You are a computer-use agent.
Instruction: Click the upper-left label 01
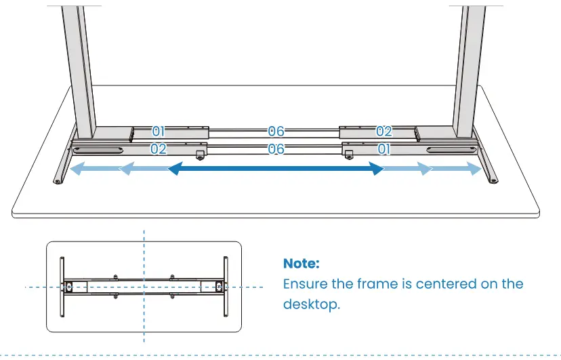(159, 131)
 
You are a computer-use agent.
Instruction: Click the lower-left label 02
(159, 149)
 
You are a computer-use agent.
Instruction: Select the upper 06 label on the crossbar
(276, 131)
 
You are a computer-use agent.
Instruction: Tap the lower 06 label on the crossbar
(276, 149)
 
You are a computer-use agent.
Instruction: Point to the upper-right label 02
(384, 131)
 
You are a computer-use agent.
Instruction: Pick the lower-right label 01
(384, 149)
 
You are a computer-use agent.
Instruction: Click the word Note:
(301, 263)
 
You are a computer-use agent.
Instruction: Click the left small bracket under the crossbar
(201, 155)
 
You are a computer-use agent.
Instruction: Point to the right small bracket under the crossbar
(348, 155)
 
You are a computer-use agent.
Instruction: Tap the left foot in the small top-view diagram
(63, 285)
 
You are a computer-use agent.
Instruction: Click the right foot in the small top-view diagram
(224, 285)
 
